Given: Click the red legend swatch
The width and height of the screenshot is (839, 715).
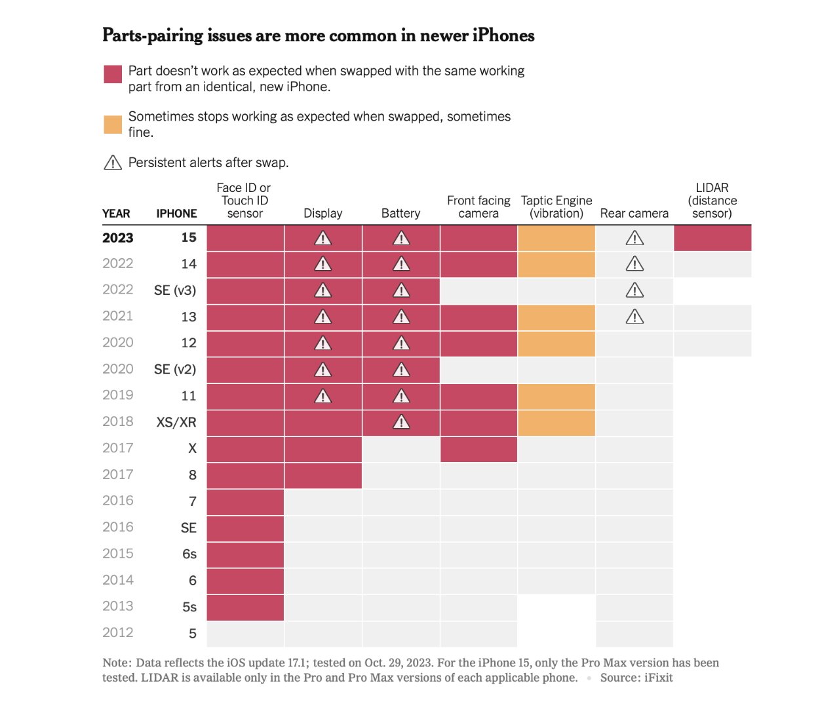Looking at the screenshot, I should point(113,74).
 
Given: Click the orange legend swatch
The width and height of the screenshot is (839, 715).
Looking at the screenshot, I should point(113,125).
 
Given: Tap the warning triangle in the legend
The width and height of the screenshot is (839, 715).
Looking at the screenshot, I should point(113,163).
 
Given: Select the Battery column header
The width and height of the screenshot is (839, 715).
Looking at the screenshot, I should point(400,213).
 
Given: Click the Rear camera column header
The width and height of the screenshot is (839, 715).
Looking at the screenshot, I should point(634,213).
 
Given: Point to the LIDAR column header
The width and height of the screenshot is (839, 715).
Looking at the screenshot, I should point(712,201).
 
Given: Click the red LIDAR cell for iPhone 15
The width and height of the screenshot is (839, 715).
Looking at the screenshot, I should point(712,238).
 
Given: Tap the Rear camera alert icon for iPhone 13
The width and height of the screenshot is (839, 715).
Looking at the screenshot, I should point(634,317).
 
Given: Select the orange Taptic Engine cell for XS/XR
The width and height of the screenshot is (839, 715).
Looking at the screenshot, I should point(556,423).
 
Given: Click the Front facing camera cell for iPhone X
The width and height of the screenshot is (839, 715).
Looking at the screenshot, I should point(478,449).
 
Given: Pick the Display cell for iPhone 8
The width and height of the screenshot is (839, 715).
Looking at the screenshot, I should point(323,475).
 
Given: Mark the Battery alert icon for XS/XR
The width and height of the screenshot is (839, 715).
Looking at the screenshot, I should point(401,423).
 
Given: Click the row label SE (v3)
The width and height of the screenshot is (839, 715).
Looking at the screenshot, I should point(175,290).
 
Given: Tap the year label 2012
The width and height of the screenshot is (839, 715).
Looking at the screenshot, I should point(118,632).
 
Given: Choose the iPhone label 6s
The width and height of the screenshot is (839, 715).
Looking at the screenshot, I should point(189,554).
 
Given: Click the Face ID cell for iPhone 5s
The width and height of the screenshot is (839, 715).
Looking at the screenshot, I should point(245,608).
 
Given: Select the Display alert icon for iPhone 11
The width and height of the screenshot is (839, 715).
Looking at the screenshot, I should point(323,396).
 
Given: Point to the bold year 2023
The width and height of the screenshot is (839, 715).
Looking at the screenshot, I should point(118,238).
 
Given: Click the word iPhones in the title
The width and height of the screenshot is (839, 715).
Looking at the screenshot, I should point(503,35).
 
